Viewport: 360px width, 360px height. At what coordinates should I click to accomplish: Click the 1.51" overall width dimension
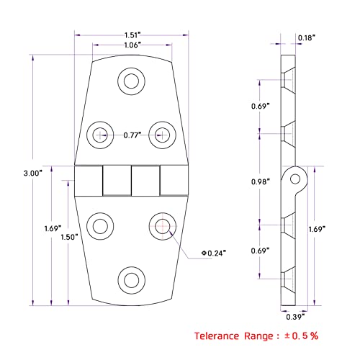132,33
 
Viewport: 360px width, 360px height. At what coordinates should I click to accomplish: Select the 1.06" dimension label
132,44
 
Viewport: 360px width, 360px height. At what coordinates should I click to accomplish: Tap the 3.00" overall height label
33,173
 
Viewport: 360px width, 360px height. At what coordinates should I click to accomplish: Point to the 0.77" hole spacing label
131,135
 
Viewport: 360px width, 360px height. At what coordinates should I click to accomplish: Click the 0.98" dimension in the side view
261,181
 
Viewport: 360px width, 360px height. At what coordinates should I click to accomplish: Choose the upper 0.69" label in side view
261,107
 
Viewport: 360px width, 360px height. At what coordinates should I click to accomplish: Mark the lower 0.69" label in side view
261,251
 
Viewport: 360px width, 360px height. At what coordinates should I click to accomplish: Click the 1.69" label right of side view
327,229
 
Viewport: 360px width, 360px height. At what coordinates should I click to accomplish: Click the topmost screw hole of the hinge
131,80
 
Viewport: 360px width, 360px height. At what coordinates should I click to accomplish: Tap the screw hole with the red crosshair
163,225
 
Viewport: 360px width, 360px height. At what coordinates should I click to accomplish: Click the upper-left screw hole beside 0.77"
99,132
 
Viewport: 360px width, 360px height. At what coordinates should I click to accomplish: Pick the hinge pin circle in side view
296,176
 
